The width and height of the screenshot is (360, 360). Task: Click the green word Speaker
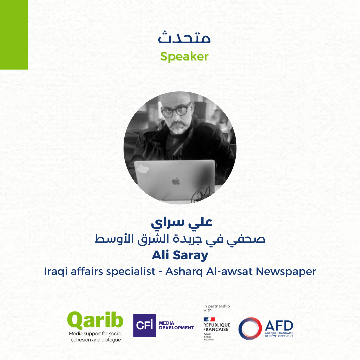(x=184, y=56)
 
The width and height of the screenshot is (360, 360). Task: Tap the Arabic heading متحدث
(x=184, y=38)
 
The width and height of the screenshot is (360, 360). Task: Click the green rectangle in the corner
(x=14, y=35)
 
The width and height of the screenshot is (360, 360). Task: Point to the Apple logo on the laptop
(x=176, y=182)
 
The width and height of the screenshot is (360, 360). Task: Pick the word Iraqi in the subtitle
(x=56, y=272)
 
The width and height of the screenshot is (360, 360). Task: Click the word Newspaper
(x=286, y=272)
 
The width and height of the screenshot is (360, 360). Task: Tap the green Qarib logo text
(x=95, y=321)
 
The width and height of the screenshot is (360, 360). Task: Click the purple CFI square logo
(x=144, y=325)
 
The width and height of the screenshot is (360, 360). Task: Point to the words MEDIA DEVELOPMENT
(x=176, y=325)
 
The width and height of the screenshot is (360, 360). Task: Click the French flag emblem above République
(x=209, y=319)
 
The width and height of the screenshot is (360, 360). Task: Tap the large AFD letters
(x=279, y=325)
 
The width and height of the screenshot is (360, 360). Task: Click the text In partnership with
(x=217, y=308)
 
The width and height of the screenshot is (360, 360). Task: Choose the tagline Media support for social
(x=95, y=334)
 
